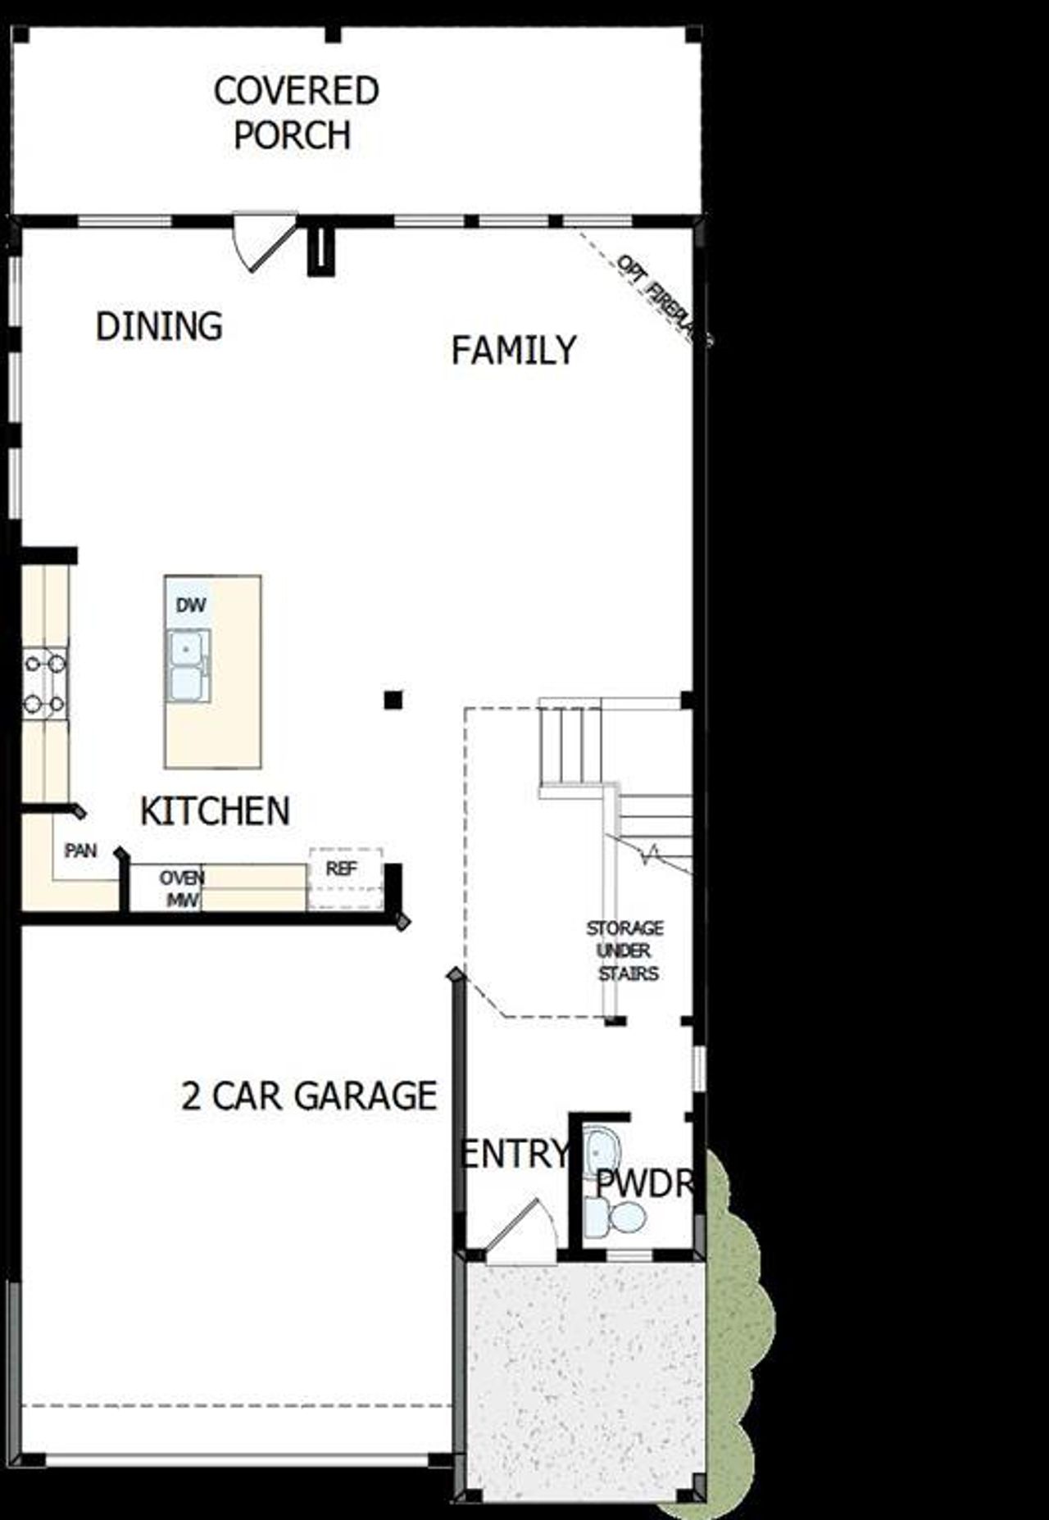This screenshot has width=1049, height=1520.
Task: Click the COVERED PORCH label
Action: pos(295,113)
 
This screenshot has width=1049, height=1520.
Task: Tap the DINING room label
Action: pos(159,326)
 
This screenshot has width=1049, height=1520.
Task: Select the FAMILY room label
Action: pos(514,350)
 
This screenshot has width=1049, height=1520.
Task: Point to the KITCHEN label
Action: pos(215,811)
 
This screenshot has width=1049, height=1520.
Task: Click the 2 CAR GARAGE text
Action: pos(309,1096)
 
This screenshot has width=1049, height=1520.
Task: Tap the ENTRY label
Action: pos(515,1154)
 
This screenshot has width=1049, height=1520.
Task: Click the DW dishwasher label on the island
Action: pos(190,606)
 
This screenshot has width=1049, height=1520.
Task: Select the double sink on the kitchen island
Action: pos(188,665)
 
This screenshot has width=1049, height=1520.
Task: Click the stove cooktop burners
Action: pos(45,682)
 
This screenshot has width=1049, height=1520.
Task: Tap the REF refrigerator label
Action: pos(342,869)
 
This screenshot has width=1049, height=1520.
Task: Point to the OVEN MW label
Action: pos(181,888)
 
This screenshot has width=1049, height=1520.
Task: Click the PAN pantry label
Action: pos(80,851)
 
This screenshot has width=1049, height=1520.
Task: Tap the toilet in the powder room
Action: pos(615,1215)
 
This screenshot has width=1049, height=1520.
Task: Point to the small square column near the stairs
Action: pos(393,699)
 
